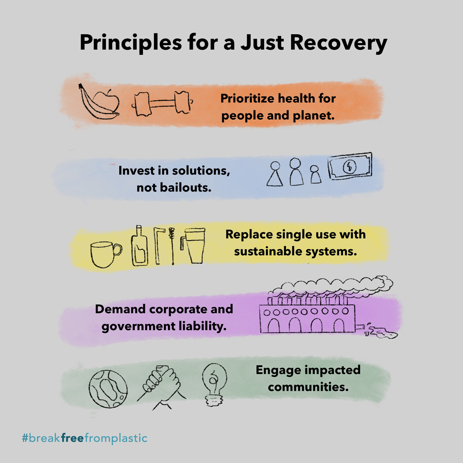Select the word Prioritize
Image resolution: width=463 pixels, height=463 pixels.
[x=247, y=99]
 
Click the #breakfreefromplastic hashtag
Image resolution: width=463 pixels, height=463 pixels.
[x=85, y=439]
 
